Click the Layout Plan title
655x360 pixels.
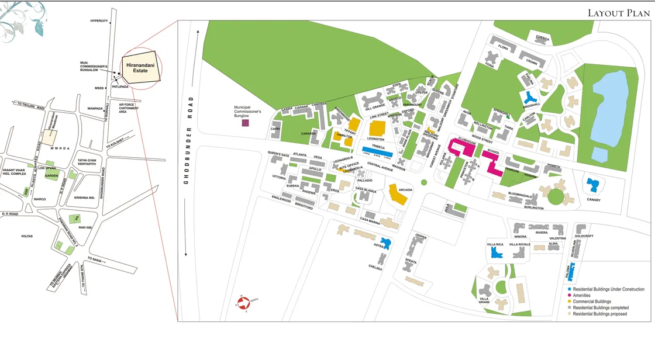point(619,13)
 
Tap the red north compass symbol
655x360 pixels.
point(244,300)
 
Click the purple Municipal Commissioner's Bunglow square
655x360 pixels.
point(246,123)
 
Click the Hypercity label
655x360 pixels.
point(99,21)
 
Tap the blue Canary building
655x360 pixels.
point(593,186)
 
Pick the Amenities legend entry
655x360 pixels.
point(581,295)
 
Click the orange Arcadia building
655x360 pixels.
point(400,197)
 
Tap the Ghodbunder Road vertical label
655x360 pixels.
point(189,149)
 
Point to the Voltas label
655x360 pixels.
point(26,236)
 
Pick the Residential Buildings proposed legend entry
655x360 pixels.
point(599,314)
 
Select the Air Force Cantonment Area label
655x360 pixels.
point(129,108)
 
